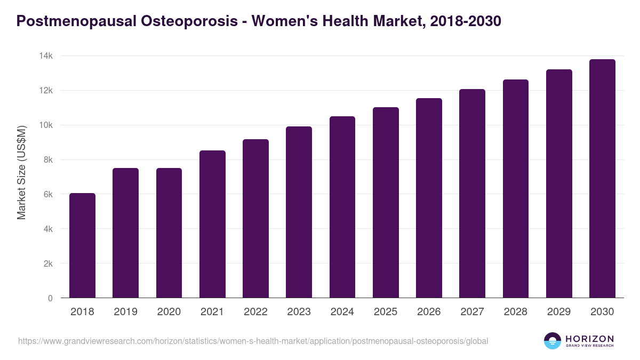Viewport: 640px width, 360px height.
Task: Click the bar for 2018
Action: coord(82,245)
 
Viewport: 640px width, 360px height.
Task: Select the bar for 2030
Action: coord(602,179)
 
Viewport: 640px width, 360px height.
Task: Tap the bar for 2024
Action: coord(342,207)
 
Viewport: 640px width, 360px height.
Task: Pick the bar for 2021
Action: coord(212,224)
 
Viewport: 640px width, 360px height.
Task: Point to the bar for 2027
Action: coord(472,194)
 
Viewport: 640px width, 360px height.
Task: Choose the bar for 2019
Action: coord(125,233)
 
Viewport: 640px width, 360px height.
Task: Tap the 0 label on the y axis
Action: coord(50,298)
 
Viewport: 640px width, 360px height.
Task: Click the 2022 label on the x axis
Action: coord(255,312)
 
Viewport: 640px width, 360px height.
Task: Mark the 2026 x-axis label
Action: coord(429,312)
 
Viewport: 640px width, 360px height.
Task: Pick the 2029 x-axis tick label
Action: coord(559,312)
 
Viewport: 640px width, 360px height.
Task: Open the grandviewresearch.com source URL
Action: coord(253,341)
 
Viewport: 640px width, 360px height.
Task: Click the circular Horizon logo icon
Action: coord(552,341)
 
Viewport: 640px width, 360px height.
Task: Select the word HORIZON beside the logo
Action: coord(589,339)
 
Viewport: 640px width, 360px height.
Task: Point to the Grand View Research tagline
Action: coord(589,346)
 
